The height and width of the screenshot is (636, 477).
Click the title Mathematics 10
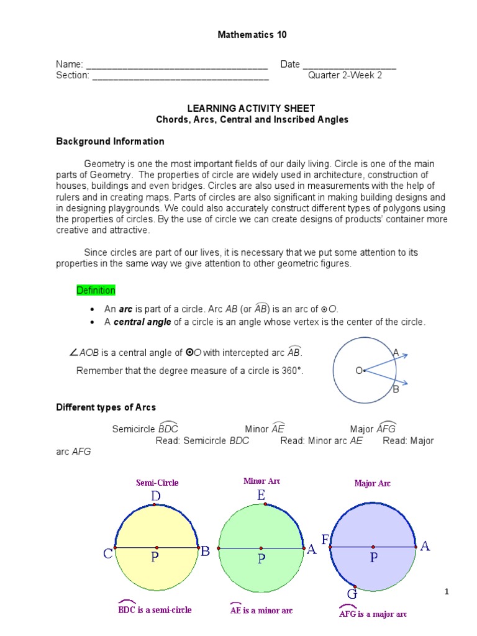pos(252,35)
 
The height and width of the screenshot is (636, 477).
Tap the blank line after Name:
pos(176,65)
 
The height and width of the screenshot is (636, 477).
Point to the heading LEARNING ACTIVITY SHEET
pos(252,108)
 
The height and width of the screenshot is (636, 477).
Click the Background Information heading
pos(110,142)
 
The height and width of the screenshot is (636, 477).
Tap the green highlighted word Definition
pos(96,291)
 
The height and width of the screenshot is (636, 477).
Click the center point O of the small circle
pos(364,371)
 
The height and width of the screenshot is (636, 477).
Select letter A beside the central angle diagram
pos(396,353)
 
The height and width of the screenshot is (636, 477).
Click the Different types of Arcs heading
pos(106,407)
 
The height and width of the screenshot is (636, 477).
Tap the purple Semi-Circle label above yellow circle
pos(157,482)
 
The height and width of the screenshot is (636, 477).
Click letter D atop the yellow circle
pos(155,496)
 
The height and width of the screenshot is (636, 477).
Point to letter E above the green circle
pos(261,495)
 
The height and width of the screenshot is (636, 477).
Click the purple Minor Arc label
pos(262,481)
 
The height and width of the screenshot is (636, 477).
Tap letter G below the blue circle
pos(352,594)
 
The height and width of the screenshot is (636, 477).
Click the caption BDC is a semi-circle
pos(155,609)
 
